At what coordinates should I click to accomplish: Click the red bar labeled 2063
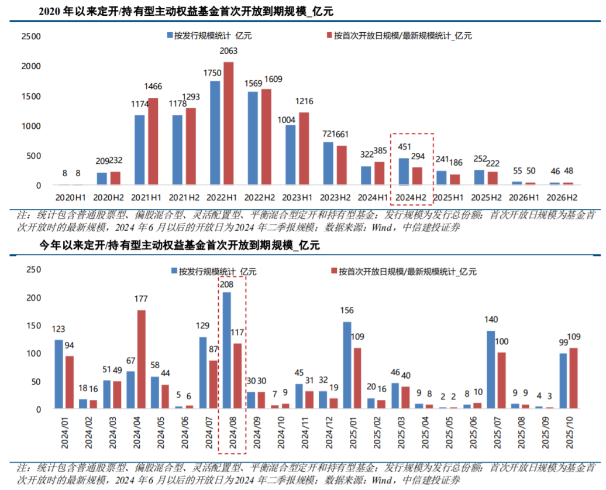click(x=229, y=124)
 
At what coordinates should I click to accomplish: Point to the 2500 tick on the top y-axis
click(x=30, y=36)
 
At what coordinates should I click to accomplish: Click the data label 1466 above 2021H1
click(x=153, y=86)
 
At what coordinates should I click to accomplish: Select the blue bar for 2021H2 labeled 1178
click(x=177, y=150)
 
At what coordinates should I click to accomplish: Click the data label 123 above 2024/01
click(x=58, y=329)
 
